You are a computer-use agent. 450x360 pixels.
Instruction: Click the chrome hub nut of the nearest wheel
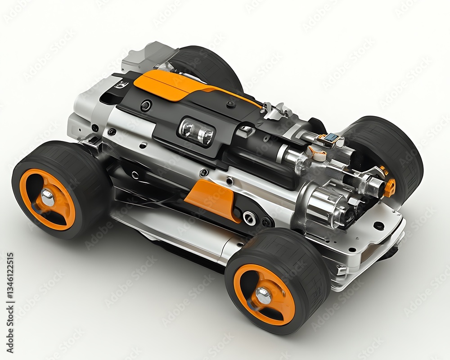point(263,296)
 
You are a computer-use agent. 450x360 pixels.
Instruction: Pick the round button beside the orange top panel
point(146,106)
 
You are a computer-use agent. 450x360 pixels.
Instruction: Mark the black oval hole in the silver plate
point(379,225)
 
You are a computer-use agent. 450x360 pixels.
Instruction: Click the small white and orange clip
point(318,155)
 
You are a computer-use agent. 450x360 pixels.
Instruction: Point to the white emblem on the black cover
point(121,85)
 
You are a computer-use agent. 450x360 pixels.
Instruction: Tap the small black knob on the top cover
point(231,104)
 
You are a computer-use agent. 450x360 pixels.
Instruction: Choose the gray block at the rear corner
point(144,56)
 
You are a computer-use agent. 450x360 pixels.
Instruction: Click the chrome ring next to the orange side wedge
point(249,218)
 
